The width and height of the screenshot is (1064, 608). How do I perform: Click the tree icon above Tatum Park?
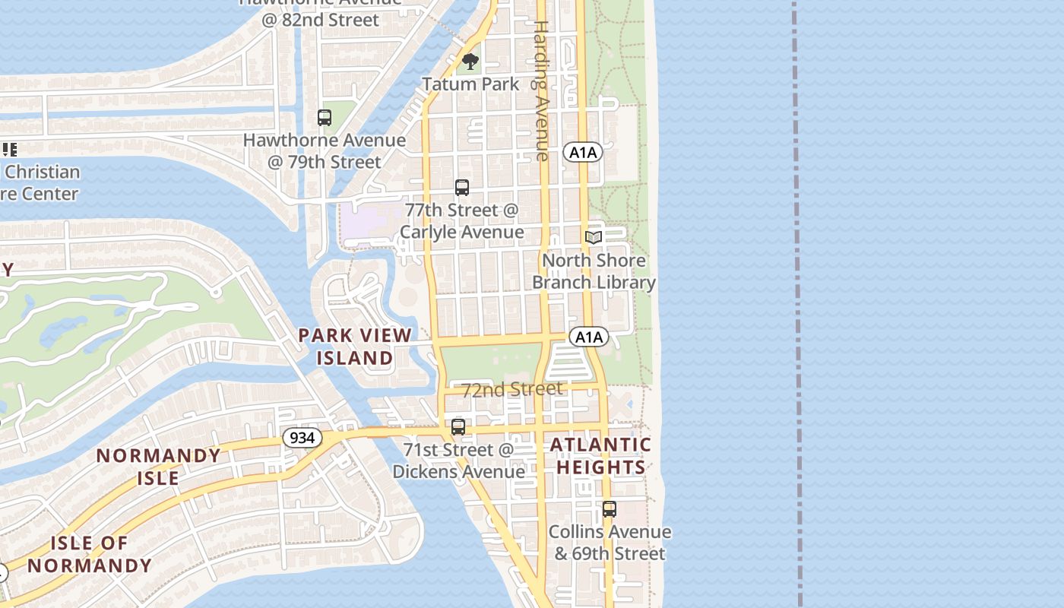tap(470, 62)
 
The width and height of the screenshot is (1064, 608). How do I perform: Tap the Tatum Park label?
tap(470, 84)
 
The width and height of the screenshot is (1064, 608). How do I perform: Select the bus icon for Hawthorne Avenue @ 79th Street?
tap(325, 118)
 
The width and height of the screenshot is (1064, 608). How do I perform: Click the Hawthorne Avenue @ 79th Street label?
tap(325, 151)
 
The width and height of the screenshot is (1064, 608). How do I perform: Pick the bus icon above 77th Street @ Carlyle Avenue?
tap(462, 187)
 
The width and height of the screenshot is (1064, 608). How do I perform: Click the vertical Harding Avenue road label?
tap(540, 91)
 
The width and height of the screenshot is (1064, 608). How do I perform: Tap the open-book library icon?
tap(594, 237)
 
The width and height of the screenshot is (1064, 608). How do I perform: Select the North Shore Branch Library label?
tap(594, 271)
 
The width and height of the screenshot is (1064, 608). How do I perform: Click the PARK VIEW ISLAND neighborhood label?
tap(355, 347)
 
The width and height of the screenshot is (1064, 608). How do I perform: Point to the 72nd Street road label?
tap(513, 389)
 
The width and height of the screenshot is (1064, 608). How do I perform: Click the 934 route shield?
tap(302, 438)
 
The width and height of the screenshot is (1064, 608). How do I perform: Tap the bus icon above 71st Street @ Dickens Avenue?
tap(458, 427)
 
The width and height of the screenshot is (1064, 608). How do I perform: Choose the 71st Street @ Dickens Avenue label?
tap(459, 461)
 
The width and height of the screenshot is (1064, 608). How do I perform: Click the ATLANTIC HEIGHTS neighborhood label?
tap(600, 456)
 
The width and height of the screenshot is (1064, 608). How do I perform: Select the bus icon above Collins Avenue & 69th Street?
tap(609, 509)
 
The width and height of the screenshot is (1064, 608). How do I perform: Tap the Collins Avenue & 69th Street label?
tap(610, 543)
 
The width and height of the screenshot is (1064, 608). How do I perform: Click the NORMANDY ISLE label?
tap(159, 467)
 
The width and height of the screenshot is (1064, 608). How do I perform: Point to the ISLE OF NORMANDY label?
tap(90, 554)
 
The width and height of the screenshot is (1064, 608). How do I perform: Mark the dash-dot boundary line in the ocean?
tap(796, 304)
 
